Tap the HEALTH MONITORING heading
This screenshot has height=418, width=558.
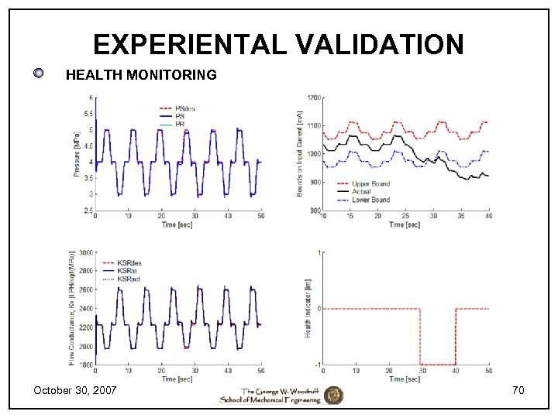(x=141, y=75)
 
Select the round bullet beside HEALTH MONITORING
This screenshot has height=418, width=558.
(x=39, y=74)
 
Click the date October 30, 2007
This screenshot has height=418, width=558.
(x=75, y=391)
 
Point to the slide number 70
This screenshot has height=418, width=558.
(x=518, y=391)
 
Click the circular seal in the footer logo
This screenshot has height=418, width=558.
(x=333, y=395)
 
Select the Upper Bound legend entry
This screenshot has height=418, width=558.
(x=370, y=184)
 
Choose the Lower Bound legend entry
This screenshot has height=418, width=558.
(x=370, y=200)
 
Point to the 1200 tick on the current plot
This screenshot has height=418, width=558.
(x=313, y=98)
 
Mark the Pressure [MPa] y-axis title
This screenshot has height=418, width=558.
(x=77, y=153)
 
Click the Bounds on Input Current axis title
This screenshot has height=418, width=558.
(x=300, y=153)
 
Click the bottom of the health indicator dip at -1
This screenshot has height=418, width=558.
(x=438, y=364)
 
